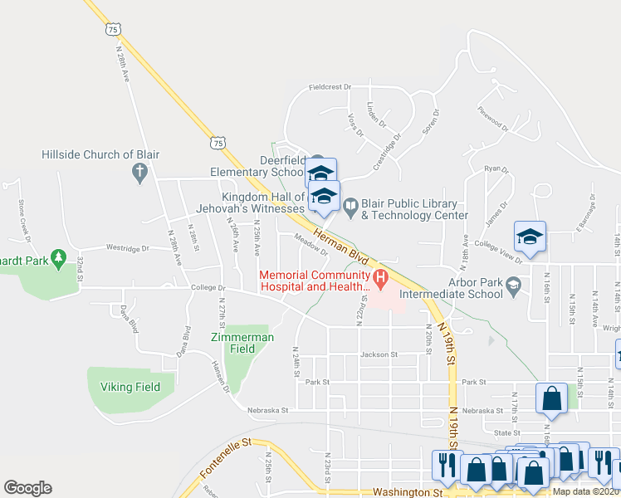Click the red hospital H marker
[381, 276]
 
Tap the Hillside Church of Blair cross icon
[139, 172]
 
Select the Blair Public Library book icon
[350, 204]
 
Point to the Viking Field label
[129, 387]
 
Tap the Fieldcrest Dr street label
[330, 86]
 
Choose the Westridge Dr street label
[127, 247]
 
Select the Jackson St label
[379, 354]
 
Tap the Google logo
[27, 488]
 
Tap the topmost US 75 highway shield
[114, 29]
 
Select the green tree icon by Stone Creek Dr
[58, 260]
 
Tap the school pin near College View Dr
[530, 236]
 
